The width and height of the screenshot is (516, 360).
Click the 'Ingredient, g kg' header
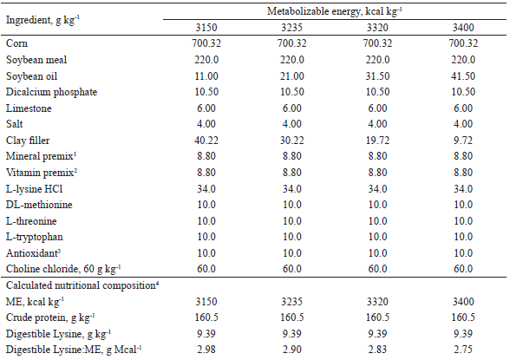pos(42,18)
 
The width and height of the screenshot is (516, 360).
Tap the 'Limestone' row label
pos(28,108)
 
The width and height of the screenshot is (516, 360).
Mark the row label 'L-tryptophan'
pos(34,236)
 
